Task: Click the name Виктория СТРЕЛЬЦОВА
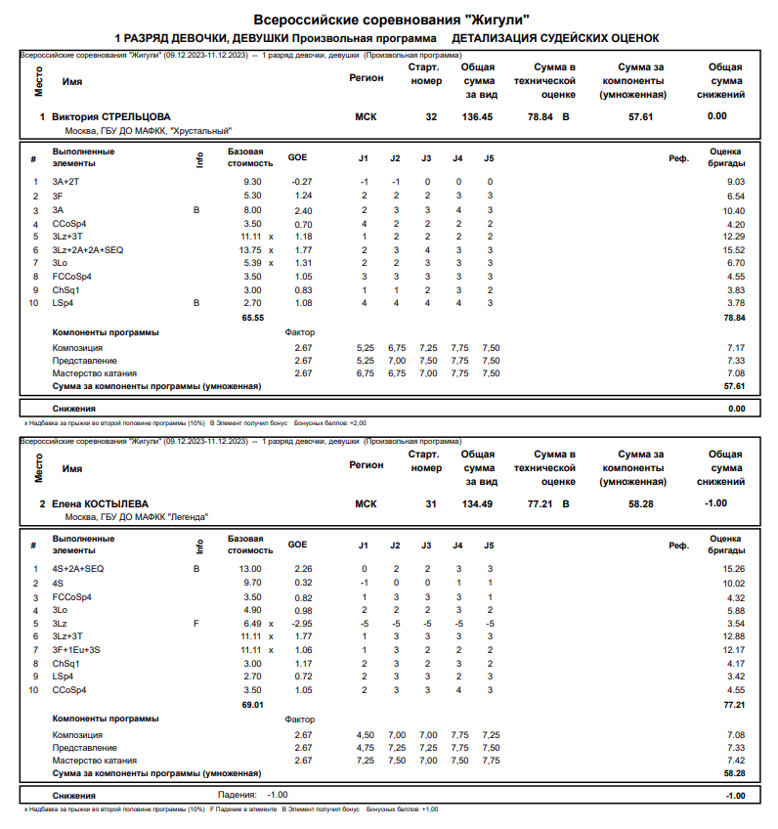click(x=110, y=116)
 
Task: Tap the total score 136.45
click(x=478, y=116)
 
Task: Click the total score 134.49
click(x=478, y=503)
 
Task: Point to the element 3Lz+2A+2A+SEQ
click(x=88, y=250)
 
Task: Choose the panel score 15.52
click(x=731, y=250)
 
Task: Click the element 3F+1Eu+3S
click(x=76, y=650)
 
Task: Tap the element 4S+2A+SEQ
click(x=78, y=568)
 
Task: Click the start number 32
click(x=431, y=116)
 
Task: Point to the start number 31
click(x=431, y=503)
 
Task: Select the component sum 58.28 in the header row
click(x=640, y=503)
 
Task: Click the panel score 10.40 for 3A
click(x=731, y=210)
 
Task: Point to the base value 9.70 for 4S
click(x=250, y=583)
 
